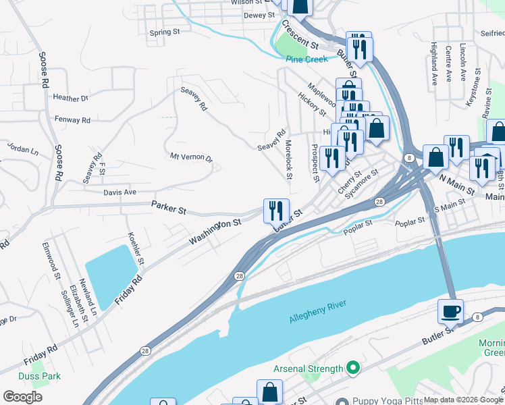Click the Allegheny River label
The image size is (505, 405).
coord(317,310)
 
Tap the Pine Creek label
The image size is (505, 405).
coord(307,59)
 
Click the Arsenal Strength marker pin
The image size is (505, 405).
coord(352,369)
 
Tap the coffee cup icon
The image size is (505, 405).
coord(450,312)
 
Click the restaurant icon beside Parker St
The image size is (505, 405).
coord(276,211)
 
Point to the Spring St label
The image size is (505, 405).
coord(164,32)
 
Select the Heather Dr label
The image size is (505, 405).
coord(71,98)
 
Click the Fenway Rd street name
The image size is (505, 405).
coord(72,120)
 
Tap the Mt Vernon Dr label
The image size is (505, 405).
coord(191,158)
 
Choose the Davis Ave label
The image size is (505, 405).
coord(120,192)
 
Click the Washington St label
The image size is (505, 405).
coord(215,232)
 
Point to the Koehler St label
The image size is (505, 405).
coord(135,248)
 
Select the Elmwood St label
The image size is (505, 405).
coord(51,260)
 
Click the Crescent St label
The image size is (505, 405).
coord(300,34)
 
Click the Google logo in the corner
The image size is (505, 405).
coord(22,397)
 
